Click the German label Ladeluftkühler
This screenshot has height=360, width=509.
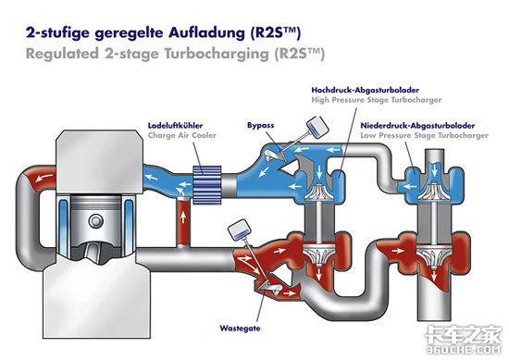175,126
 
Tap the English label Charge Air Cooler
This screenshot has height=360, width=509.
181,135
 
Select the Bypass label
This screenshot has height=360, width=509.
260,125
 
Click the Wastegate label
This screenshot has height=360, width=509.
240,329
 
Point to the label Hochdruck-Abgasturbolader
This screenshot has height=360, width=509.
366,90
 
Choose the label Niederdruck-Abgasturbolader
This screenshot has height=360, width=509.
417,126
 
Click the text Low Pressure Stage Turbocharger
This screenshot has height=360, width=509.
424,135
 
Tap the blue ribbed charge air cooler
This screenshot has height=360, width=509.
206,185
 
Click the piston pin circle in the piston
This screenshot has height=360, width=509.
95,221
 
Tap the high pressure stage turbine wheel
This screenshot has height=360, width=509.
319,255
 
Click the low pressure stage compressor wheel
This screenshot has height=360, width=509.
434,191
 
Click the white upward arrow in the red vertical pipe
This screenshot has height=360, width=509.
183,217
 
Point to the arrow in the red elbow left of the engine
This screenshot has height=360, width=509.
44,178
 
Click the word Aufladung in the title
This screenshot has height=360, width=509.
206,33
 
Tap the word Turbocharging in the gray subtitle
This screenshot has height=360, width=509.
217,54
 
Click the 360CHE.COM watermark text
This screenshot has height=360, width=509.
464,350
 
